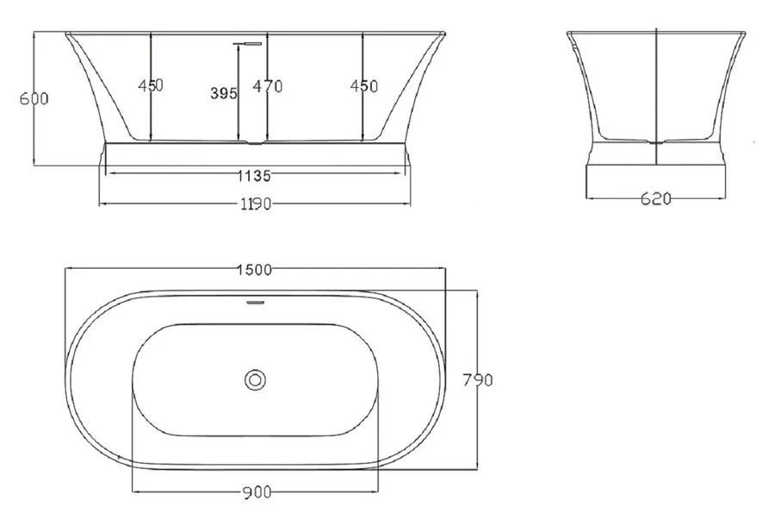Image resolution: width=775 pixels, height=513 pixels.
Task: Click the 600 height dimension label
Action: coord(34,98)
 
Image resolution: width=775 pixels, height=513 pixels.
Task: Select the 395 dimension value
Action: coord(223,94)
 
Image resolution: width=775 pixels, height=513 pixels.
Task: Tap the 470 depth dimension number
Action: coord(268,86)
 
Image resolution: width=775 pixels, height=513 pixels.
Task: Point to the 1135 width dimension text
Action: coord(254,176)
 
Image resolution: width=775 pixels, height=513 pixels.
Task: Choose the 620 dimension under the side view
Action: coord(656,199)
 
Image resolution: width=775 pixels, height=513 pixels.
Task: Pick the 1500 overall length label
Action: coord(254,269)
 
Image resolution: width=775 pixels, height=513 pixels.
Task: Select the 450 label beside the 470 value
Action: coord(363,86)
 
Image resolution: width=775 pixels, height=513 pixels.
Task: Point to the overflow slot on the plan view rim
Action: coord(254,303)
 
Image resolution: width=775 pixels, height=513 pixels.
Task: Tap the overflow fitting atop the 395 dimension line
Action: coord(247,40)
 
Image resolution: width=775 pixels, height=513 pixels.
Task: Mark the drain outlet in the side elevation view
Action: coord(656,141)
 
